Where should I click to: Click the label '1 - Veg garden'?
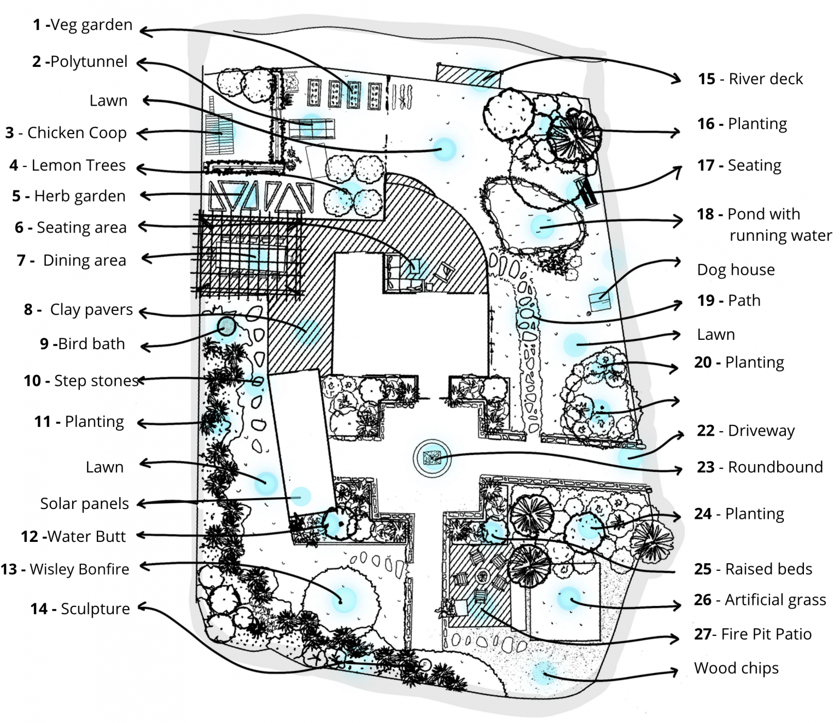[83, 25]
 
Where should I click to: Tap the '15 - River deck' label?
[750, 79]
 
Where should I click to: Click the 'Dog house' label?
[736, 270]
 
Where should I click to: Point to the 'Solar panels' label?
[84, 504]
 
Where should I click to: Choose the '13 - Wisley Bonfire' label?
[65, 570]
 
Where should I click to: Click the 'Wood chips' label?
[736, 668]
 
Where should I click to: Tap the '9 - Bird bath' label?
[83, 344]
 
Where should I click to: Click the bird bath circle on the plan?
[226, 327]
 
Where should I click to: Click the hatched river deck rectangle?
[468, 75]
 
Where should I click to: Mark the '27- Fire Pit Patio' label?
[752, 634]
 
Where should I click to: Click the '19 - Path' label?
[728, 301]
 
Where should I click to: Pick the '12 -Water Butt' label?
[73, 537]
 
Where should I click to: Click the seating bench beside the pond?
[585, 192]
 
